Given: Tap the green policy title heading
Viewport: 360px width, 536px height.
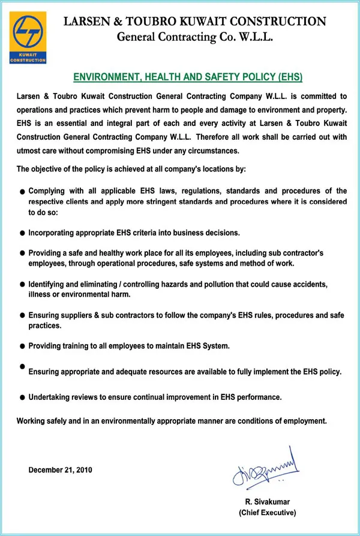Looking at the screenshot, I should coord(188,77).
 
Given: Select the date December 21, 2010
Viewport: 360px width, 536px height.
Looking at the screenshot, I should coord(61,469).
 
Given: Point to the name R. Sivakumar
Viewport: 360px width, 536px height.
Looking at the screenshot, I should coord(267,502).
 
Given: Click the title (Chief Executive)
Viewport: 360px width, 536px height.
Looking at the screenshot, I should coord(267,513).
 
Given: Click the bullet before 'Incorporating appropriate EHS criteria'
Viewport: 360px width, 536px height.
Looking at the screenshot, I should coord(22,232).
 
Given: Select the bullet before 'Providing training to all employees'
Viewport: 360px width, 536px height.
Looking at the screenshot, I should coord(22,347).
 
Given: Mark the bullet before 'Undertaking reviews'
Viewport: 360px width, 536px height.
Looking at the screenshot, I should coord(22,398).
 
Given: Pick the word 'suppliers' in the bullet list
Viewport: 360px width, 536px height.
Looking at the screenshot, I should coord(74,315).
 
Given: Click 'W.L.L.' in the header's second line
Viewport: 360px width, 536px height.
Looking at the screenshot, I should coord(257,38).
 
